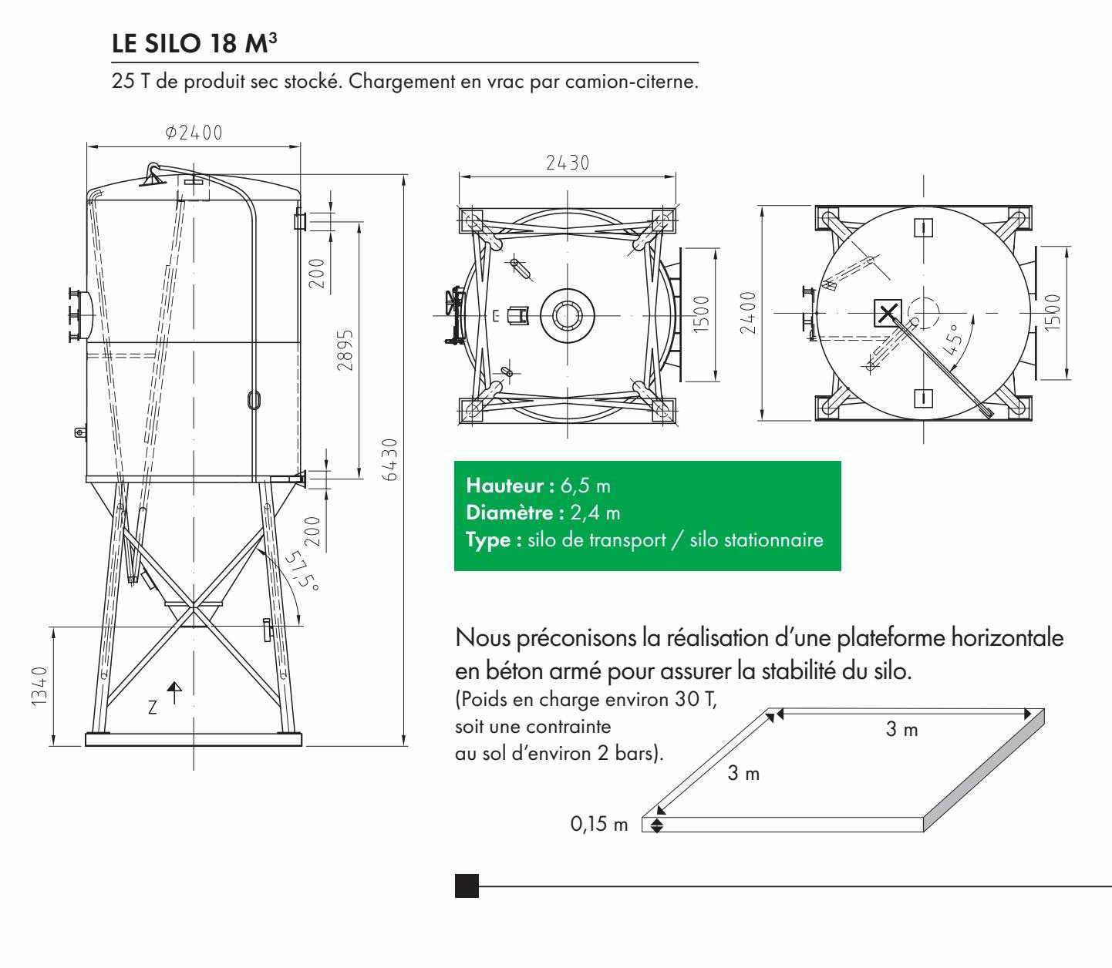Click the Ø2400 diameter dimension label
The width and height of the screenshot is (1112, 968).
[x=193, y=132]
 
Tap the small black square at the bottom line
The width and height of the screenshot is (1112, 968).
[x=467, y=886]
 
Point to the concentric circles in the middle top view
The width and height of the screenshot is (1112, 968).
[x=567, y=315]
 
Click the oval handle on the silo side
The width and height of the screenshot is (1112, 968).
[x=254, y=398]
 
